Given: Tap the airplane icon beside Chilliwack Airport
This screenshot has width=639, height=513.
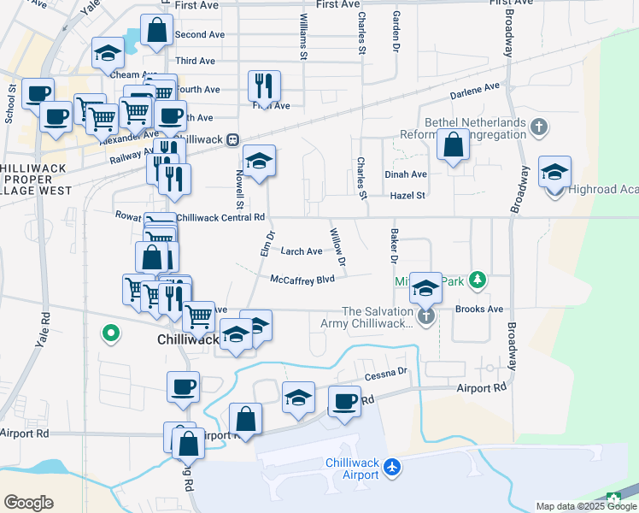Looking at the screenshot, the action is coord(392,467).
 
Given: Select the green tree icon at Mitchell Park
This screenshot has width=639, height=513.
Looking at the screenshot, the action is coord(478,280).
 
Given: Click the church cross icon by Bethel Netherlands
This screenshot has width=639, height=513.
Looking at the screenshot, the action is coord(538,128).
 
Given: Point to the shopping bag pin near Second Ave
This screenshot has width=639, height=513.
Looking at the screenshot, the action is coord(157,31).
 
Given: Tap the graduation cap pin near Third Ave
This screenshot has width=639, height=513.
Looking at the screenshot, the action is coord(108,55).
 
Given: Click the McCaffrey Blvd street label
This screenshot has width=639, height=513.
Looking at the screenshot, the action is coord(302,280).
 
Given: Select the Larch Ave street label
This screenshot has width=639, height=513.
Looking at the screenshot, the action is coord(302,251).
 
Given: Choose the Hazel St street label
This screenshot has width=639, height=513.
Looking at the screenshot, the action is coord(407,196).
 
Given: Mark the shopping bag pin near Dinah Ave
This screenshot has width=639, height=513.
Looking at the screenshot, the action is coord(453,145).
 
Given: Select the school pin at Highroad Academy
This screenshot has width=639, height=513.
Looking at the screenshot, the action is coord(554,172).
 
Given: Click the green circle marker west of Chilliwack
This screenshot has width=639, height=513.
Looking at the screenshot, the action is coord(109,333).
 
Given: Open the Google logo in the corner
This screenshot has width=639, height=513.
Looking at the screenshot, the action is coord(28,503).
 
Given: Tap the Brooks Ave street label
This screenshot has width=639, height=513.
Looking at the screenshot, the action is coord(479,310).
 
